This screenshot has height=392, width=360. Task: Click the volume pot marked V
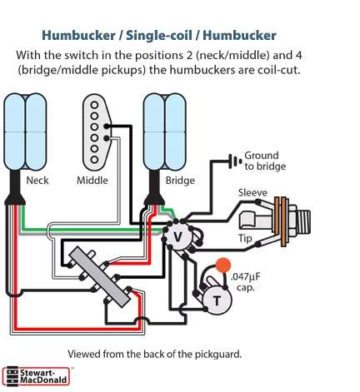pos(177,236)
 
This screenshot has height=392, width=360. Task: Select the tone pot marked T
pos(217,300)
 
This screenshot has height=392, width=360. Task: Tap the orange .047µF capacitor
pos(223,265)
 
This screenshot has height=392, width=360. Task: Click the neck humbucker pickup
pos(25,131)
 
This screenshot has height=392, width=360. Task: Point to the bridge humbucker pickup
pos(164,131)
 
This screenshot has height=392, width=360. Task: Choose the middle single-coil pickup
pos(97,132)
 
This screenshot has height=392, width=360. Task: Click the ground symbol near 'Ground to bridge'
pos(235,161)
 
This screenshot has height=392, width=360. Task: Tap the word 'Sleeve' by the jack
pos(252,192)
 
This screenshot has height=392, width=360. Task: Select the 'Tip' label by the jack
pos(245,238)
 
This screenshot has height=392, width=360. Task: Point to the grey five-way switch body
pos(100,277)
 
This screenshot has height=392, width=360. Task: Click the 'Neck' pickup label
pos(37,181)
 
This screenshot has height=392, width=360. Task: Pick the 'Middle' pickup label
pos(92,181)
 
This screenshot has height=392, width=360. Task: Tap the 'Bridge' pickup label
pos(180,181)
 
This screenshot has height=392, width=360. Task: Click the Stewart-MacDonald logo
pos(36,376)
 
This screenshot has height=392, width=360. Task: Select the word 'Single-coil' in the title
pos(159,36)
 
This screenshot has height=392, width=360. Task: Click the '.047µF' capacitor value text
pos(246,277)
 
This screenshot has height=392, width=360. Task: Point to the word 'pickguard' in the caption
pos(217,355)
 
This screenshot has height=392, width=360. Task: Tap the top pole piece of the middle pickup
pos(94,105)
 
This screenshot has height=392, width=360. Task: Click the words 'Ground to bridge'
pos(265,161)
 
